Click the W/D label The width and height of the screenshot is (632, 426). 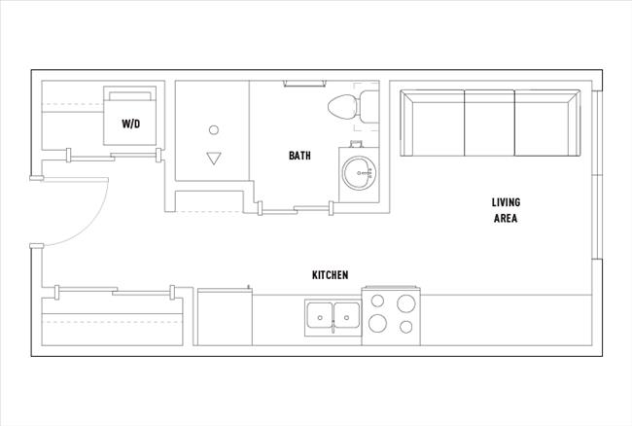click(x=129, y=124)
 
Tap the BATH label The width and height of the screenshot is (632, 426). click(x=299, y=156)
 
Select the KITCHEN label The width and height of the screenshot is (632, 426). click(x=330, y=275)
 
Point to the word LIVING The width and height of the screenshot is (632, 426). click(x=506, y=202)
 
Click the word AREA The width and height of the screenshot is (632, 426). click(x=506, y=219)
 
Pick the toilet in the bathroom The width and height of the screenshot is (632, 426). click(x=347, y=108)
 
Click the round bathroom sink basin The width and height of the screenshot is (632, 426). click(x=357, y=173)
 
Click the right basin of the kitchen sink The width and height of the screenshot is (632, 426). click(x=345, y=315)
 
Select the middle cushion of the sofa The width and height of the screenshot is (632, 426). click(x=490, y=123)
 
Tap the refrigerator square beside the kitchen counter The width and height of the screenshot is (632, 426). click(x=225, y=317)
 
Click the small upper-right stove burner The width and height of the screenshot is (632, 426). click(x=405, y=302)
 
